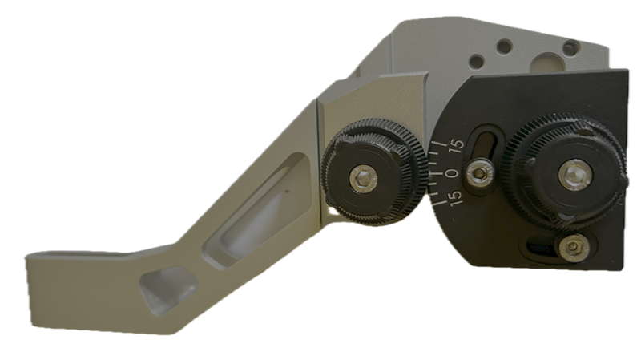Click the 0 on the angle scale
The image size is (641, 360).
(453, 173)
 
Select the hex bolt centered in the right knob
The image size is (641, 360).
(575, 175)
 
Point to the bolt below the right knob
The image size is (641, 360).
(574, 247)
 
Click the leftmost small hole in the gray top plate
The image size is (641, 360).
(476, 62)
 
